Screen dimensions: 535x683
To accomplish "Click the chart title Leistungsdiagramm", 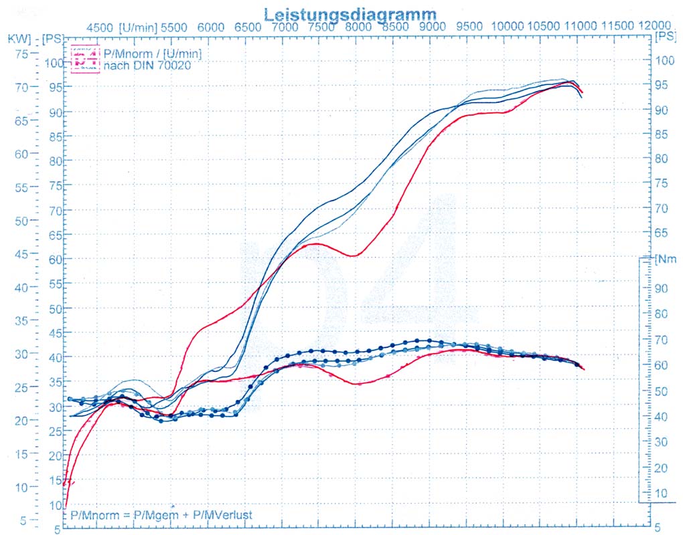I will point(350,13).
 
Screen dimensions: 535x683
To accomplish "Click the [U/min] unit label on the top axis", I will point(139,27).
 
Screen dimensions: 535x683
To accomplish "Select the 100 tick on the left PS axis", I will point(54,63).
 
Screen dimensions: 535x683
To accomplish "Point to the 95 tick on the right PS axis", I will point(662,85).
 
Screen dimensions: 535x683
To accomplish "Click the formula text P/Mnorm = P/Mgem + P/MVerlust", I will point(161,516).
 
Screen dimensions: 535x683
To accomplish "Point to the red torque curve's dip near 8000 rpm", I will point(357,384).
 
